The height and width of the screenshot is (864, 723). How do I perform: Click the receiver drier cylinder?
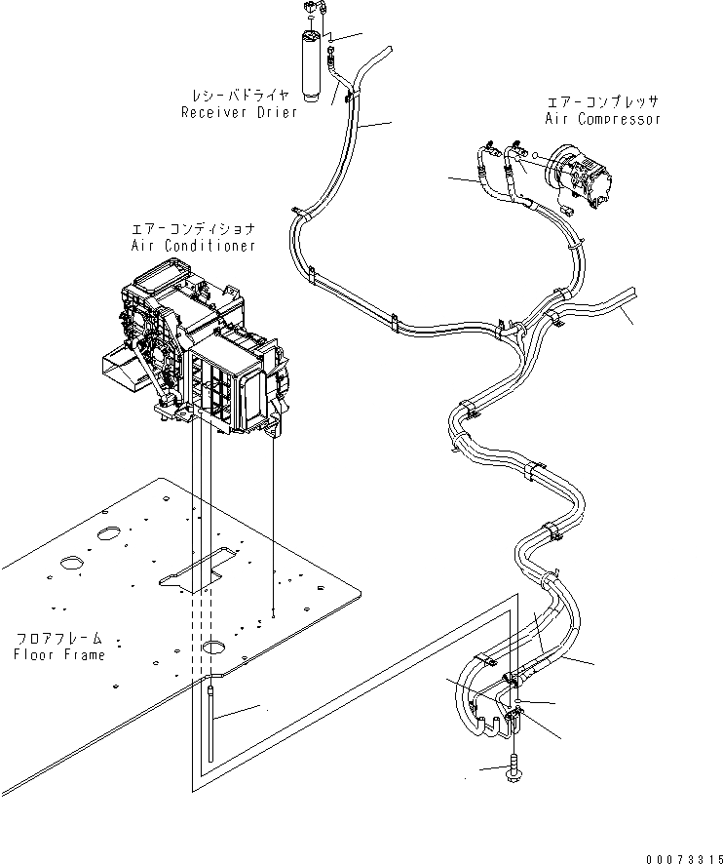click(312, 65)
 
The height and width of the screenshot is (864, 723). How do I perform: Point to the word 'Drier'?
click(275, 112)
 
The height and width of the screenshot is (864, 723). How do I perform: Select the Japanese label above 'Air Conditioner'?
click(193, 228)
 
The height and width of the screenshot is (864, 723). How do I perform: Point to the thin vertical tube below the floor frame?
click(210, 722)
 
